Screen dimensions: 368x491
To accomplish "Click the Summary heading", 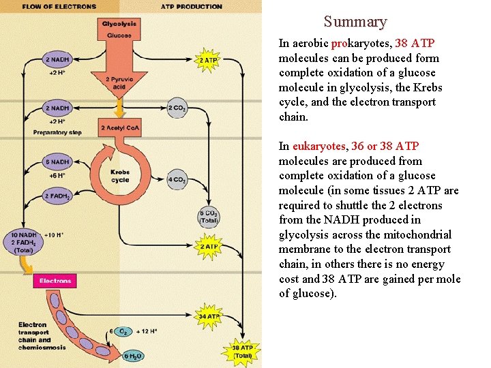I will click(355, 22).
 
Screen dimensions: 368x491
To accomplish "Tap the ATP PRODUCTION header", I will click(191, 7).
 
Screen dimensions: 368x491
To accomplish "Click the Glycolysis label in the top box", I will click(119, 24).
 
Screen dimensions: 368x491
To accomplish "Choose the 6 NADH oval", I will click(57, 162).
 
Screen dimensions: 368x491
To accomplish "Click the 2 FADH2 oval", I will click(57, 196).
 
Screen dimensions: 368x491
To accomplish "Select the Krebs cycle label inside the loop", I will click(119, 176).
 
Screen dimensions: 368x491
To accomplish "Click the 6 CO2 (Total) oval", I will click(209, 217).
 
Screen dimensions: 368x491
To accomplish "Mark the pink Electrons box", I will click(56, 281).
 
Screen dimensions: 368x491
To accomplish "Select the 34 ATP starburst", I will click(209, 316).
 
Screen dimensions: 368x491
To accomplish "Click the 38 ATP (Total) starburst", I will click(242, 351).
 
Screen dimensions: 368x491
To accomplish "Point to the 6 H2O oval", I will click(134, 355).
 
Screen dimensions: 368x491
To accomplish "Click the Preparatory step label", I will click(56, 132).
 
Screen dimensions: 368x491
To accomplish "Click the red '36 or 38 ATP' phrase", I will click(395, 147).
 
